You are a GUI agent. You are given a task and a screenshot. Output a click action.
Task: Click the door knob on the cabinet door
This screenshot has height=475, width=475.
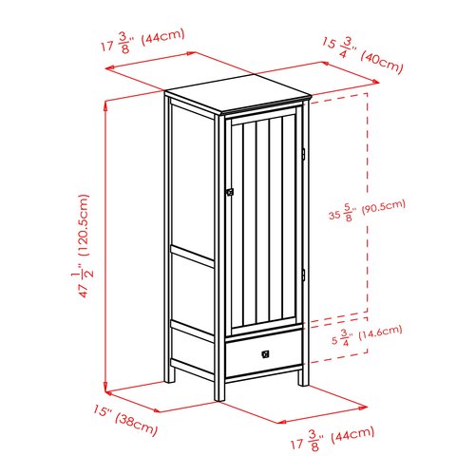click(x=230, y=192)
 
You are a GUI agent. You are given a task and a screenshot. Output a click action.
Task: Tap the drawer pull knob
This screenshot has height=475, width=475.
click(x=265, y=354)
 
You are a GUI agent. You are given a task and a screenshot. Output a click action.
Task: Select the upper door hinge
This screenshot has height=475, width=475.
click(x=303, y=154)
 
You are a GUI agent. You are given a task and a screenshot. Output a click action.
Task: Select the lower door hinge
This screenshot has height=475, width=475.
click(x=303, y=275)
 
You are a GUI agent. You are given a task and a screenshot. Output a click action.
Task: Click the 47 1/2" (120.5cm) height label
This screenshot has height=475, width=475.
click(x=82, y=246)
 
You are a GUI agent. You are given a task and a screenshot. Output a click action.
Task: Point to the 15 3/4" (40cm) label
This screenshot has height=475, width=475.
click(x=363, y=55)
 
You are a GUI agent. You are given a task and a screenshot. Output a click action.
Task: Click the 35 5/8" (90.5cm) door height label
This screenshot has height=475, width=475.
click(x=367, y=210)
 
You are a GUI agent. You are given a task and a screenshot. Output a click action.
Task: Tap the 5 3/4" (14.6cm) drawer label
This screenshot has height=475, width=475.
click(x=367, y=335)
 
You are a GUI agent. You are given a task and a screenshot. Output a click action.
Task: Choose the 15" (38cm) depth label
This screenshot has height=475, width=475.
click(x=125, y=420)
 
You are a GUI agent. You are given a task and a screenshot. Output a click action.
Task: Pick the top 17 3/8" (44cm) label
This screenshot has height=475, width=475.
click(x=142, y=41)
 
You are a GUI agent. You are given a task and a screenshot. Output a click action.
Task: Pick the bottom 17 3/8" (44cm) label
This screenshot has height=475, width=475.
click(x=332, y=438)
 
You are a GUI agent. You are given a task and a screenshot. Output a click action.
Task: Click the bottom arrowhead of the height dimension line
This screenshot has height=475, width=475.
click(x=106, y=387)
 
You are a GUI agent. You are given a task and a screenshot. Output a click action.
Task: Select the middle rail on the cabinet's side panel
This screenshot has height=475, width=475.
click(x=193, y=256)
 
